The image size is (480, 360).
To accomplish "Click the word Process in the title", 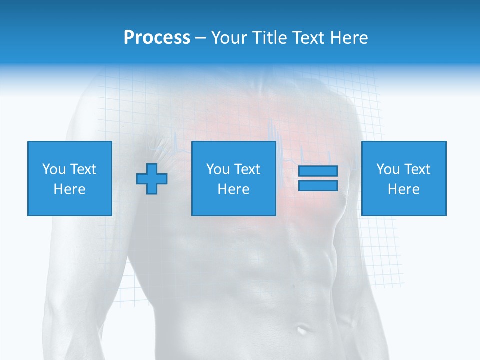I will point(157,38).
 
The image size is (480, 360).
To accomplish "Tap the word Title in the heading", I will point(268,38).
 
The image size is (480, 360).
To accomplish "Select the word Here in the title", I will point(348,38).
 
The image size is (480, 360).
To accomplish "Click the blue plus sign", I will point(152,179).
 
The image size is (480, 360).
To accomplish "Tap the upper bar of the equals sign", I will point(318,171).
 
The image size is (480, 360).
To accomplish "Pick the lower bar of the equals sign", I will point(318,186).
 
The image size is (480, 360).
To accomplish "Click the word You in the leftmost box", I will point(54,169).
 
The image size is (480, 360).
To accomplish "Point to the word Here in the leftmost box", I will point(69,189).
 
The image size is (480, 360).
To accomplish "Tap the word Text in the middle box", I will point(247,169).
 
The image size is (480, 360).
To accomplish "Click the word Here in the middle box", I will point(233,189).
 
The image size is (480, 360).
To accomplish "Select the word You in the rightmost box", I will point(388,169).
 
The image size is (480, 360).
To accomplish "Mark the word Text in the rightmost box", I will point(417,169).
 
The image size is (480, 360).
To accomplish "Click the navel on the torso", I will point(302,330).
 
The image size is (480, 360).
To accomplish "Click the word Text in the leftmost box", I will point(83,169).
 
